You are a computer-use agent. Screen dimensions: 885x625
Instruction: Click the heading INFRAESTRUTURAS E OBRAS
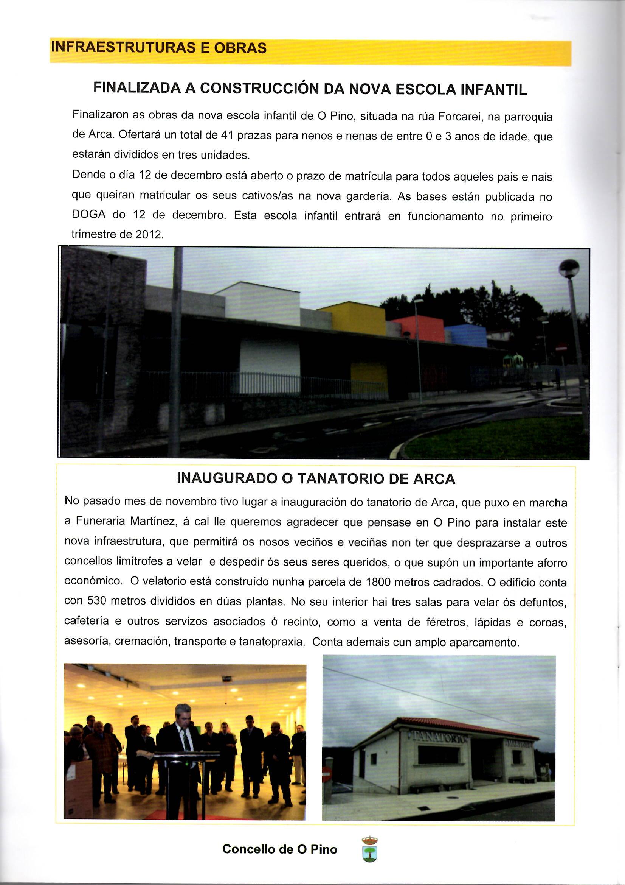159,48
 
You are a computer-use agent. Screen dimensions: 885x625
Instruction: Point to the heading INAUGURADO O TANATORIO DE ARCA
316,479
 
